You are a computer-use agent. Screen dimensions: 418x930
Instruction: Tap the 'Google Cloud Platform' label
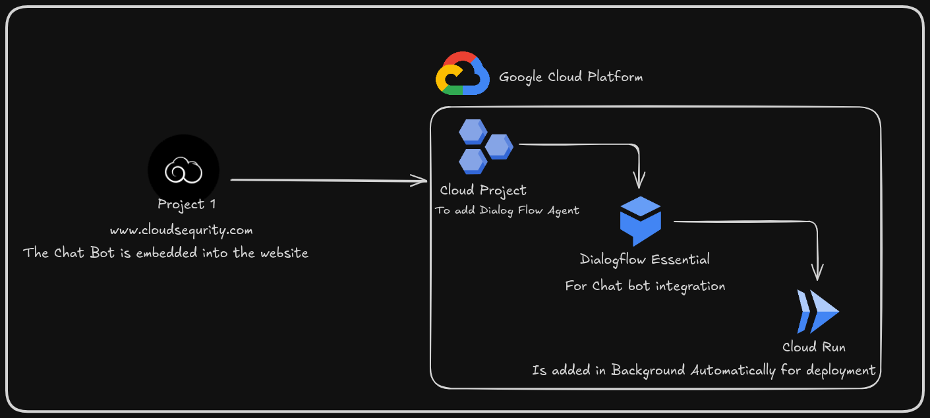571,77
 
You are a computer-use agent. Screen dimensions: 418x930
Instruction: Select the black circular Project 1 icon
183,170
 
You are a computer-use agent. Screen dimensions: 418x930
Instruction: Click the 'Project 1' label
187,204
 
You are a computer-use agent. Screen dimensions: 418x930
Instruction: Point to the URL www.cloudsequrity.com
181,230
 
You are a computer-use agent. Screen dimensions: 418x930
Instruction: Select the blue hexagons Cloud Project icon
484,146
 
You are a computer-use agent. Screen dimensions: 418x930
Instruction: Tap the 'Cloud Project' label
483,191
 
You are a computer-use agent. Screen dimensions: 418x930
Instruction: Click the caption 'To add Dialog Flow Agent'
507,211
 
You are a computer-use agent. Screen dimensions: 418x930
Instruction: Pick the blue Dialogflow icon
640,222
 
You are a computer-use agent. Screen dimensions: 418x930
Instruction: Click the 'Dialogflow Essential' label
645,259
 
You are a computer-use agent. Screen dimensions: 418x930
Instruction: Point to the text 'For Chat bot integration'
645,286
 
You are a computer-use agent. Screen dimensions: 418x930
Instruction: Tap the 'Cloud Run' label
813,347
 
